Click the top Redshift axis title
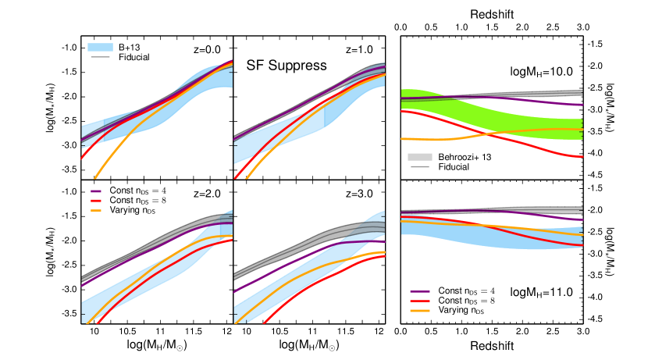click(492, 14)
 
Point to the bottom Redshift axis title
click(492, 344)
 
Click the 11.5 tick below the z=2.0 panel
click(193, 331)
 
